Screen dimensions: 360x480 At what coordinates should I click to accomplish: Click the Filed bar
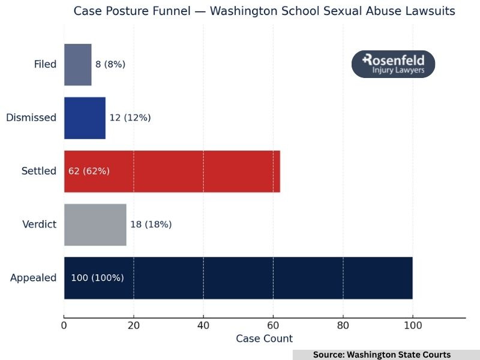coord(78,65)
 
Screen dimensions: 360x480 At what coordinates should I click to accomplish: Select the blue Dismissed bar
coord(85,118)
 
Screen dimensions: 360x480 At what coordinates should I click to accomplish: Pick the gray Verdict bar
coord(95,224)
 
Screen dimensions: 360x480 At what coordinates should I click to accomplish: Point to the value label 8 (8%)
coord(110,65)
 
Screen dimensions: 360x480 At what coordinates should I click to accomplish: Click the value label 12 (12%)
coord(130,118)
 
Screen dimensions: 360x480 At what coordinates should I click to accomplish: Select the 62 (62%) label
coord(89,171)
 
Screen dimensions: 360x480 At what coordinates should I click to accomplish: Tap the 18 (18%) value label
coord(151,224)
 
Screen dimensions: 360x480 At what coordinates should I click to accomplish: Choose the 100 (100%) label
coord(97,278)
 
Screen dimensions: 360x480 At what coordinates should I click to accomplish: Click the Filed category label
coord(45,65)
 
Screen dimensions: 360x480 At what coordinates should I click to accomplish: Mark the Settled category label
coord(38,171)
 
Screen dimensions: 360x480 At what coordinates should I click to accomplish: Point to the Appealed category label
coord(34,278)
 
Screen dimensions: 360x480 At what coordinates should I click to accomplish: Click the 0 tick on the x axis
coord(64,326)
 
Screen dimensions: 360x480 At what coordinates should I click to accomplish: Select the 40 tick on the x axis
coord(203,326)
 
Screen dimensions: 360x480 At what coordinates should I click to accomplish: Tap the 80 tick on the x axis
coord(343,326)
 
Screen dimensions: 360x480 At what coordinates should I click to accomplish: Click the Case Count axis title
coord(264,339)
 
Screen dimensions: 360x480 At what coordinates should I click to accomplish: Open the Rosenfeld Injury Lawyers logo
coord(393,64)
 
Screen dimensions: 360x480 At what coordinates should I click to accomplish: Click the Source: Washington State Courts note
coord(382,355)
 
